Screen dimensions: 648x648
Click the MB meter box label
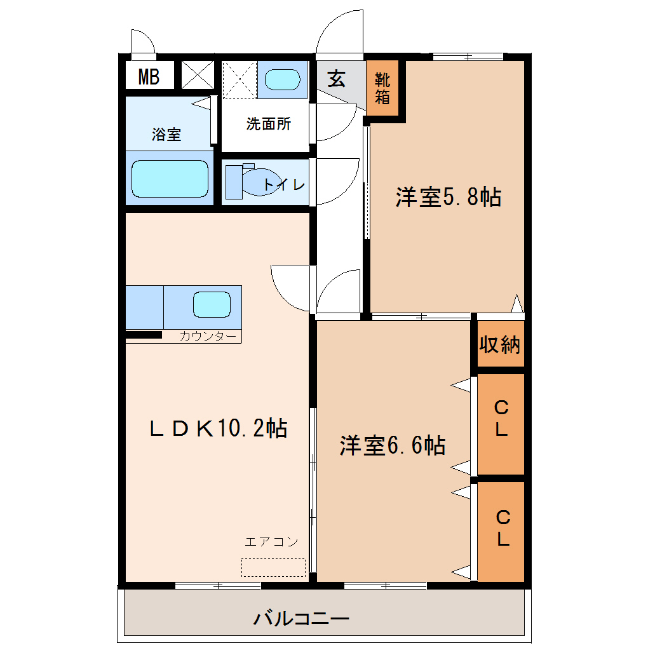click(149, 77)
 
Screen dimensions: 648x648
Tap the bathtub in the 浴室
click(170, 179)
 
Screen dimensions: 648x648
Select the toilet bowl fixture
click(260, 182)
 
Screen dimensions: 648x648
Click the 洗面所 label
click(269, 124)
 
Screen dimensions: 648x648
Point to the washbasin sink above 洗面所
click(282, 79)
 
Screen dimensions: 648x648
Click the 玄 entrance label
click(337, 79)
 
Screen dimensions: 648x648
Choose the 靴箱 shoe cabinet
click(382, 88)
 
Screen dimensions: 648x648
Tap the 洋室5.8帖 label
click(449, 197)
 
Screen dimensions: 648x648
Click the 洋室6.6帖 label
click(393, 445)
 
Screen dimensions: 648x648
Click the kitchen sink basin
click(212, 304)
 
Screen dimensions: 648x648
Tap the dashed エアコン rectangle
click(273, 567)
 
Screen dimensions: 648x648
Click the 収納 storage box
click(501, 344)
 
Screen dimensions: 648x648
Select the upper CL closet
click(501, 424)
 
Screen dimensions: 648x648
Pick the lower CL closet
click(501, 532)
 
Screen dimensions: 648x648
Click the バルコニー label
click(301, 619)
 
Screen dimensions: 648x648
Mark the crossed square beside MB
click(198, 75)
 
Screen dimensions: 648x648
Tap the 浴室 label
click(166, 134)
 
